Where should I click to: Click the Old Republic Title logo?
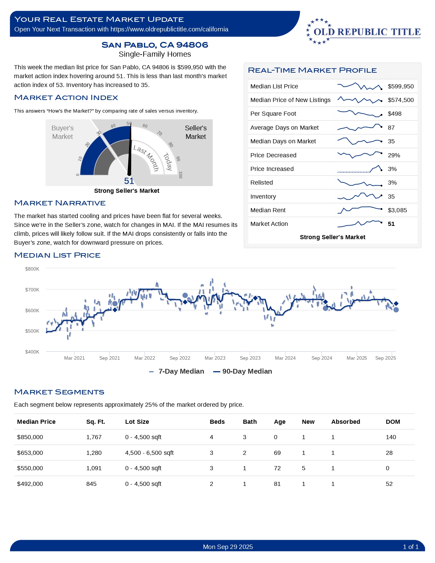tap(363, 31)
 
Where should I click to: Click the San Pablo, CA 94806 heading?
tap(155, 45)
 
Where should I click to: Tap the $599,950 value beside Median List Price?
tap(401, 86)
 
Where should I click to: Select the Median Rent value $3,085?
tap(397, 210)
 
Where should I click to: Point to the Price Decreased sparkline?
tap(359, 155)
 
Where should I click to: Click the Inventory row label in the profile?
tap(263, 197)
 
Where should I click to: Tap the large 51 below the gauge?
tap(129, 181)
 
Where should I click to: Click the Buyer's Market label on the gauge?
tap(62, 132)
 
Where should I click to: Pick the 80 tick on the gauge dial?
tap(171, 145)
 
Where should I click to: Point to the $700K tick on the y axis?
tap(32, 290)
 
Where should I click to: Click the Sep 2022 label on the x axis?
tap(180, 358)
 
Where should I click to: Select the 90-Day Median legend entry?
tap(243, 371)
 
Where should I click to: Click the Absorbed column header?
tap(346, 422)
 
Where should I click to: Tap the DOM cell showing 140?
tap(391, 437)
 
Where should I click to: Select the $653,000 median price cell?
tap(30, 453)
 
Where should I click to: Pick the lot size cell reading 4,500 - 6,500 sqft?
tap(149, 453)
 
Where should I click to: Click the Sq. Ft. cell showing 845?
tap(91, 484)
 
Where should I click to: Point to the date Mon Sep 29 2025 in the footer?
tap(228, 547)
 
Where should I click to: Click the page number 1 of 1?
tap(410, 547)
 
